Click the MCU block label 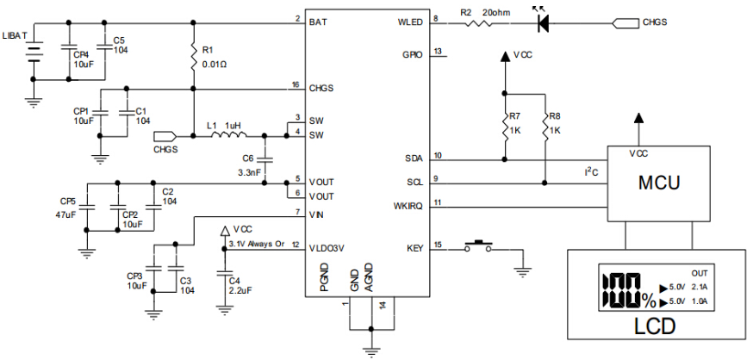659,183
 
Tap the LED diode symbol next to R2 543,23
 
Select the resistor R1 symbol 194,57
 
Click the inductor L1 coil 229,135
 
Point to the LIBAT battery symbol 33,53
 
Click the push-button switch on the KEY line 477,246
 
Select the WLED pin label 410,22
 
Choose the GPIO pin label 412,54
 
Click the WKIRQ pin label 408,207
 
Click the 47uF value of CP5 65,214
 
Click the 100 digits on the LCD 622,291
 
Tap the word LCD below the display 655,326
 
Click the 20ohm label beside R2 496,13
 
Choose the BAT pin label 319,22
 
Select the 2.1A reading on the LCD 700,288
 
